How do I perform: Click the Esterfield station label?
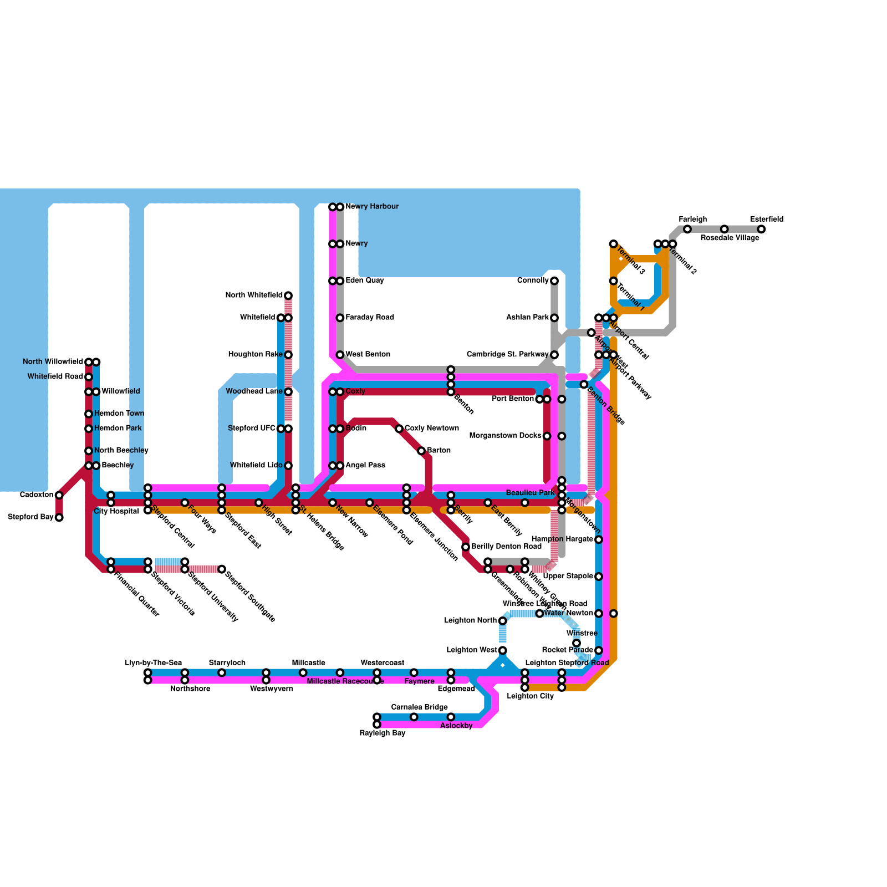pos(767,220)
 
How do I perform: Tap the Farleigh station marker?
pos(687,230)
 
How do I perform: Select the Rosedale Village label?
pos(730,238)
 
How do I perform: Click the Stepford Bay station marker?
pos(59,518)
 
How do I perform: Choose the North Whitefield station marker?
pos(288,295)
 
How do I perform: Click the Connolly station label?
pos(533,281)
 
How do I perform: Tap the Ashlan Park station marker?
pos(554,318)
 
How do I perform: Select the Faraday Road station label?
pos(369,318)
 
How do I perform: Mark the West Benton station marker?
pos(340,355)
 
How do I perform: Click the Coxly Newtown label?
pos(431,429)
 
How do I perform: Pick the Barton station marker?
pos(421,451)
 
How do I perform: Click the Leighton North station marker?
pos(503,621)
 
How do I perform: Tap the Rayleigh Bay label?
pos(383,733)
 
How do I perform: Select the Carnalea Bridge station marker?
pos(414,717)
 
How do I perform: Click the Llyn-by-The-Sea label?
pos(154,663)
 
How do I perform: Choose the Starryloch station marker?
pos(222,673)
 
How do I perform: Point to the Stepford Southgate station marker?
pos(222,569)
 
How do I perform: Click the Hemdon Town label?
pos(119,414)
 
